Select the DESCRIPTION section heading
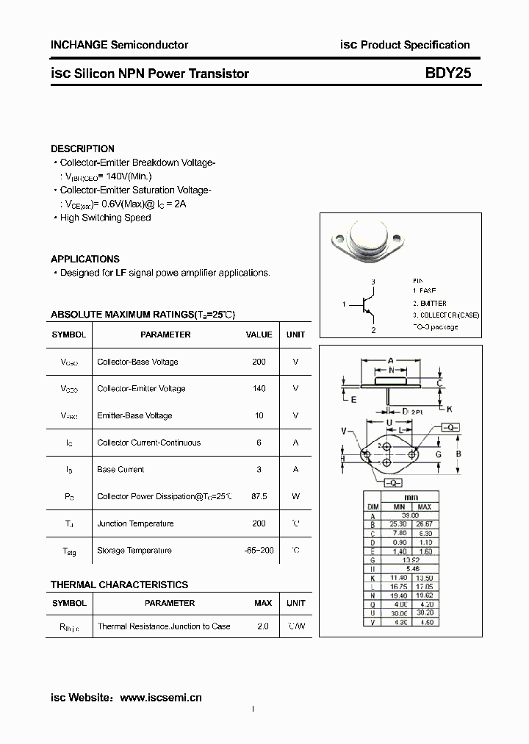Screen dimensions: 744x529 coord(82,149)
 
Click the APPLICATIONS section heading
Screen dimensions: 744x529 coord(84,259)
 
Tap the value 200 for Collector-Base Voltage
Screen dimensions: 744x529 coord(259,362)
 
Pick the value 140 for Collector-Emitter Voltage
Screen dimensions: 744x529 coord(259,388)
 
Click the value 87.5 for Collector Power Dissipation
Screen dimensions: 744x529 coord(259,496)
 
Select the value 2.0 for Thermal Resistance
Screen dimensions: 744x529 coord(262,626)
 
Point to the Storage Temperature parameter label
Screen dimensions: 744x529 coord(134,550)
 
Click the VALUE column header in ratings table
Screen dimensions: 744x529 coord(259,335)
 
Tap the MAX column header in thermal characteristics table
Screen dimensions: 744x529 coord(262,603)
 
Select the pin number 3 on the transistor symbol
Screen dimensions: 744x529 coord(373,282)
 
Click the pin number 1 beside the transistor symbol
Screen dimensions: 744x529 coord(343,304)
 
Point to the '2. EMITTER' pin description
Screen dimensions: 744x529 coord(429,303)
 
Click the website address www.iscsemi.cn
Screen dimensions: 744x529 coord(160,697)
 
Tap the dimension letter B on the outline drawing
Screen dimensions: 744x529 coord(458,454)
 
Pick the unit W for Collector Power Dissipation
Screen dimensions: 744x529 coord(295,496)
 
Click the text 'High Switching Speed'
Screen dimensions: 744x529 coord(105,218)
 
